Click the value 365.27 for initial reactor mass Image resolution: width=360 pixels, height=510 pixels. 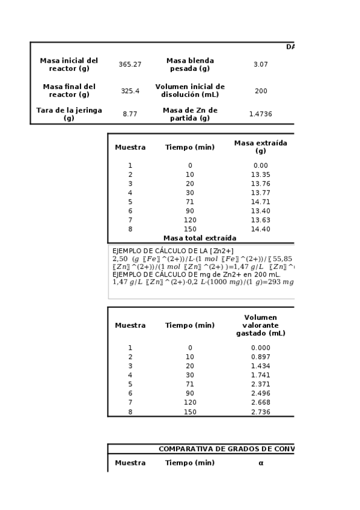coord(130,64)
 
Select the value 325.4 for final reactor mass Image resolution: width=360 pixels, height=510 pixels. coord(130,91)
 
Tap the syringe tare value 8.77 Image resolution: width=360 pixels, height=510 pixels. coord(130,114)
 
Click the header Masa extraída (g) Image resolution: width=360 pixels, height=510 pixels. coord(260,147)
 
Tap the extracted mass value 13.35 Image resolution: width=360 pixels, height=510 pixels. coord(260,174)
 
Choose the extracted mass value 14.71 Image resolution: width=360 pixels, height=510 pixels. coord(260,201)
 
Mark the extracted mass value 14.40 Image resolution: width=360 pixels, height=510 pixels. coord(260,229)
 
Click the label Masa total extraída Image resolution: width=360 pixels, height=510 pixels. coord(200,238)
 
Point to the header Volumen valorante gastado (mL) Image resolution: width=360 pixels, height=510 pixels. coord(260,325)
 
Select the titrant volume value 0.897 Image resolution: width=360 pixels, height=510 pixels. coord(260,357)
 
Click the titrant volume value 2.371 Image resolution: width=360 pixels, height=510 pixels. coord(260,384)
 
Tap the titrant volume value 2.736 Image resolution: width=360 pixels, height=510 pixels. coord(260,412)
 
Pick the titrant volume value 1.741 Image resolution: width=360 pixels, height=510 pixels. coord(260,375)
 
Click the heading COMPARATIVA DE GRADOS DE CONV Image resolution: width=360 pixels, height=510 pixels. coord(226,449)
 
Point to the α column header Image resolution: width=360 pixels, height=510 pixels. coord(261,463)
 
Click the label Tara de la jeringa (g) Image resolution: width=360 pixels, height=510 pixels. coord(69,114)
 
